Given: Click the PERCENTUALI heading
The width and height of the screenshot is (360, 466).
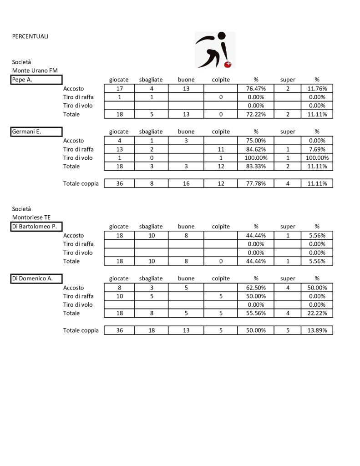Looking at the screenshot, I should coord(30,36).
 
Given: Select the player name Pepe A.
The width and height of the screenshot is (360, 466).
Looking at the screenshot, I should coord(36,80).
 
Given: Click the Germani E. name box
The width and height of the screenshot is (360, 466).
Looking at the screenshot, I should coord(36,132).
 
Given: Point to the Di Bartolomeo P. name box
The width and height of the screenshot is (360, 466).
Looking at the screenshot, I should coord(36,227).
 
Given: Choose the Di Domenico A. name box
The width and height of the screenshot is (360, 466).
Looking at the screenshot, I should coord(36,279).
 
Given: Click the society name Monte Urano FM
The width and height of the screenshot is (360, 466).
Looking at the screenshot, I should coord(35,71).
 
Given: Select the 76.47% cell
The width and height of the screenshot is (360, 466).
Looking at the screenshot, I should coord(256,89).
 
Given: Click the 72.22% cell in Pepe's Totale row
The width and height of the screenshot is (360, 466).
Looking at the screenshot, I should coord(256,114).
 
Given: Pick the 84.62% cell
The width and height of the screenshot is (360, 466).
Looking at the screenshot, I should coord(256,149).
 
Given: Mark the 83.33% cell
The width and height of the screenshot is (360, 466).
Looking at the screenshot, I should coord(256,167).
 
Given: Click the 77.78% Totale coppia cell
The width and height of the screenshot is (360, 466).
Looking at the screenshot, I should coord(256,184).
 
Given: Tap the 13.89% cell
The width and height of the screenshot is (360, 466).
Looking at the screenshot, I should coord(317,330).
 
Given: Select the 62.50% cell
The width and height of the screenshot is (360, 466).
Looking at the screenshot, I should coord(256,288).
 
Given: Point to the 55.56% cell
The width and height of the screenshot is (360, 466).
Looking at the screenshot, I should coord(256,313).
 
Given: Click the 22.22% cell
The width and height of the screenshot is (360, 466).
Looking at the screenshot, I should coord(317,313).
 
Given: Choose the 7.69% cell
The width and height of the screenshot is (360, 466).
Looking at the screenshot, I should coord(317,149).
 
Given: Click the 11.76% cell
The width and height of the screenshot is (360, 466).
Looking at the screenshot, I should coord(317,89).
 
